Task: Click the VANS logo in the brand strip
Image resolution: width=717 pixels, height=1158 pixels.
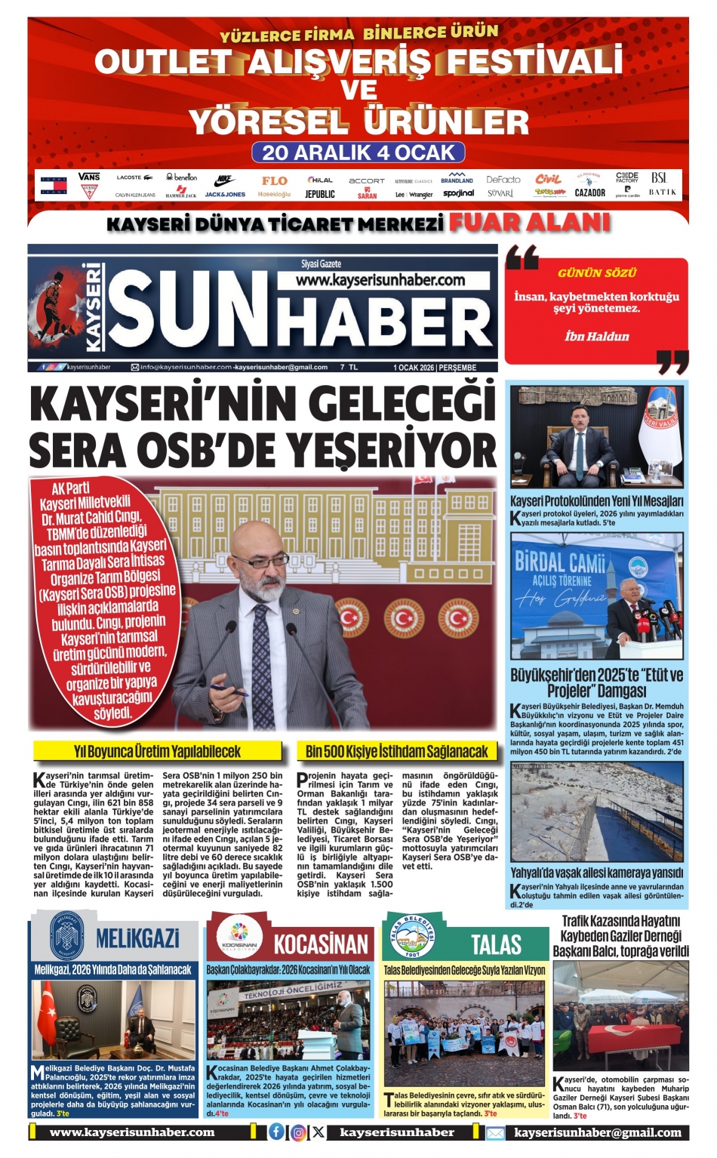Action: pyautogui.click(x=89, y=177)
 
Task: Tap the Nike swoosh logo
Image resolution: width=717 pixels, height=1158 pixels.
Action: pyautogui.click(x=225, y=180)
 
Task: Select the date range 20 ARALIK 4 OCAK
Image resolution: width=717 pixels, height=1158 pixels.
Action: pyautogui.click(x=358, y=152)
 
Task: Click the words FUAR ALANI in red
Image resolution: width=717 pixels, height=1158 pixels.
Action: pyautogui.click(x=529, y=223)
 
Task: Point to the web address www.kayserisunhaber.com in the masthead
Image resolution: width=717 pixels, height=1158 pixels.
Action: pyautogui.click(x=380, y=280)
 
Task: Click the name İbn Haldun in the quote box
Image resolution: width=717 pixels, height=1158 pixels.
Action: pyautogui.click(x=596, y=336)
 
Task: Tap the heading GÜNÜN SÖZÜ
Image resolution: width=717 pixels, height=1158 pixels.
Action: pyautogui.click(x=597, y=273)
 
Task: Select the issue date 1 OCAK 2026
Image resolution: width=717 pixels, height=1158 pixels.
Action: pyautogui.click(x=414, y=368)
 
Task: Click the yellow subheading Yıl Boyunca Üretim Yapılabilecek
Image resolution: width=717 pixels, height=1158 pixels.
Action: pyautogui.click(x=157, y=751)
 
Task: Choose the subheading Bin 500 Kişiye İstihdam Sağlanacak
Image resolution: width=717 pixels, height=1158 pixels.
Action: pyautogui.click(x=397, y=751)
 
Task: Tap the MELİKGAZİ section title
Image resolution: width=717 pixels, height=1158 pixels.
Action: pyautogui.click(x=138, y=938)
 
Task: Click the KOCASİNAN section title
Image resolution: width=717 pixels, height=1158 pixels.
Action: pyautogui.click(x=321, y=944)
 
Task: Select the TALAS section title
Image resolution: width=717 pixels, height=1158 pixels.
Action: pyautogui.click(x=496, y=944)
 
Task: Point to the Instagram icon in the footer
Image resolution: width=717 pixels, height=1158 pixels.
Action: pyautogui.click(x=298, y=1132)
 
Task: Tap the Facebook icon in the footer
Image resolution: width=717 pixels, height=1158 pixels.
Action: pyautogui.click(x=277, y=1132)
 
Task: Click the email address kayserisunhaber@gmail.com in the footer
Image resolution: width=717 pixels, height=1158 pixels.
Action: pyautogui.click(x=598, y=1132)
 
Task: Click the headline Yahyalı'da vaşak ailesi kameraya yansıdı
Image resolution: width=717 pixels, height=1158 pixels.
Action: pyautogui.click(x=597, y=873)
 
